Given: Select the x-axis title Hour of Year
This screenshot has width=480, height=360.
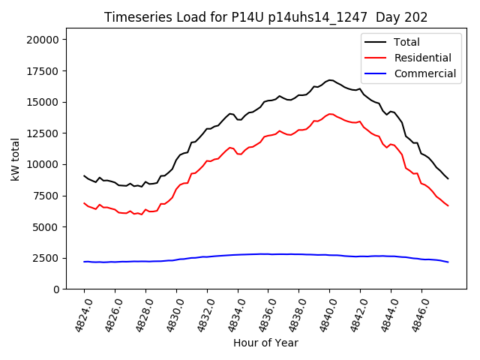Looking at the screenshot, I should pyautogui.click(x=265, y=343).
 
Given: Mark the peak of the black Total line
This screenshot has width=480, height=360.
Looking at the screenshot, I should pyautogui.click(x=330, y=80).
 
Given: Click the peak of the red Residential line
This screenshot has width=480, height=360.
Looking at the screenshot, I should pyautogui.click(x=330, y=114).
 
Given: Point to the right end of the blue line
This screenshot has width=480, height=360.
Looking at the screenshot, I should pyautogui.click(x=448, y=262).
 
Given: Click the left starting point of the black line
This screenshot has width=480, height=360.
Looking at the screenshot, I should pyautogui.click(x=84, y=175).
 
